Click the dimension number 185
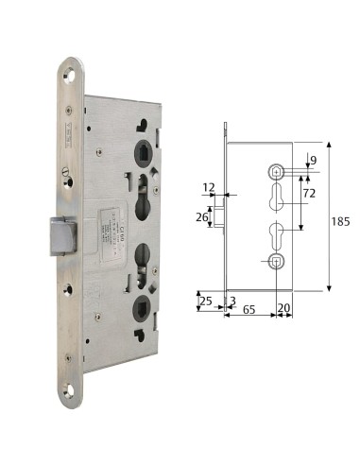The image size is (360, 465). pos(340,221)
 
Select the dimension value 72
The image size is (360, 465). pos(307,193)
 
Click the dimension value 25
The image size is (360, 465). pos(205,301)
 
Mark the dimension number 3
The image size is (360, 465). pos(231,301)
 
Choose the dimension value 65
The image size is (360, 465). pos(250,308)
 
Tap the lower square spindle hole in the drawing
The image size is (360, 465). pos(275,261)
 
